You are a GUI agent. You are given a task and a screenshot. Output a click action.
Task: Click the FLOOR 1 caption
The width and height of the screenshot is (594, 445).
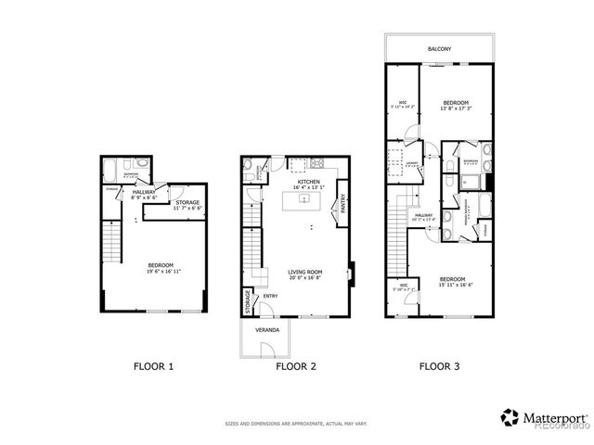point(154,366)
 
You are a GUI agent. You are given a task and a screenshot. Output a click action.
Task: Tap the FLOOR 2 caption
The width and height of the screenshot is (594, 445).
point(296,366)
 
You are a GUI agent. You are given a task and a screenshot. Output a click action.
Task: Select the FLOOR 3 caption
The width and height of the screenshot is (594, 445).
point(439,366)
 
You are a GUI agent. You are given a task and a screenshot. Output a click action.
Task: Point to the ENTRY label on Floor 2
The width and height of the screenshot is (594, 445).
point(270,296)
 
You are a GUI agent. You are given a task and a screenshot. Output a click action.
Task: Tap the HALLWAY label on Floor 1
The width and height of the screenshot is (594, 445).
point(143,192)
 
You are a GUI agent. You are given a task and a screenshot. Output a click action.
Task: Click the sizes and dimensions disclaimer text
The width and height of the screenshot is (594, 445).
point(296,424)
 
